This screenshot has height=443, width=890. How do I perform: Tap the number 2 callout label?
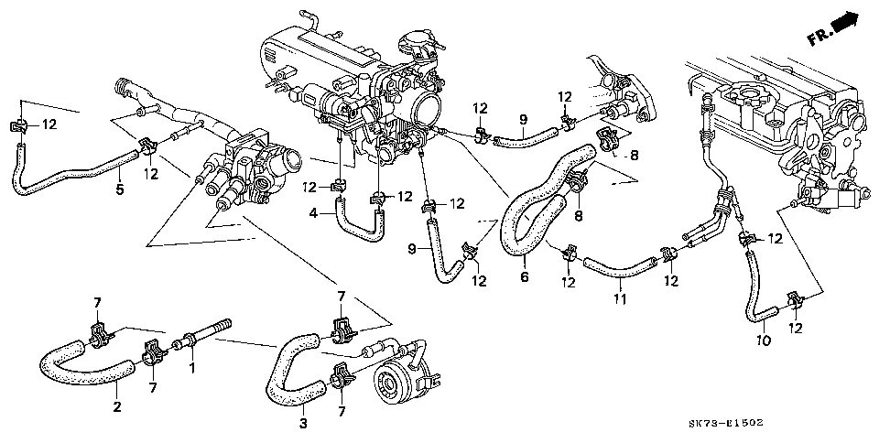pyautogui.click(x=116, y=407)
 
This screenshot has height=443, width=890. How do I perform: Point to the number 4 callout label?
pyautogui.click(x=313, y=213)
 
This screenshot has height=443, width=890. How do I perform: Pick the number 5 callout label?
pyautogui.click(x=119, y=190)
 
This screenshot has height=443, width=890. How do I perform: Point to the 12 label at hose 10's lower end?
pyautogui.click(x=795, y=327)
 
